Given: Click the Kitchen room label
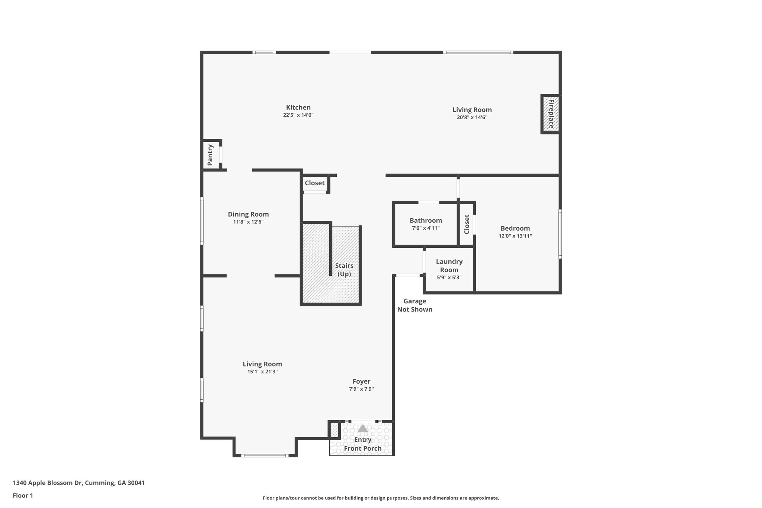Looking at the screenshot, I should [x=298, y=108].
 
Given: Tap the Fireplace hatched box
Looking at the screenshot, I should [x=551, y=114].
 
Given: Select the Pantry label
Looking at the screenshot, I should [x=210, y=155].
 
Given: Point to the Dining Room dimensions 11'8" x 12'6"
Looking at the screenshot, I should [x=248, y=222].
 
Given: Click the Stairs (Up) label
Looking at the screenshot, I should [x=344, y=270].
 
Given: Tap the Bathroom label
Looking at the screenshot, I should [x=426, y=220].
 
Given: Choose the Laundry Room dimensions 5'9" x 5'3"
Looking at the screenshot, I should [x=449, y=277].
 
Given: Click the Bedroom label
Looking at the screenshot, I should [x=515, y=228].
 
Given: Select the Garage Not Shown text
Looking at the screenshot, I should [x=414, y=305].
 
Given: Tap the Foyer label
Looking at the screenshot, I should [x=361, y=381].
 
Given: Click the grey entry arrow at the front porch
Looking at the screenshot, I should [x=363, y=428].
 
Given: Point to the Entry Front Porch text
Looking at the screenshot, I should [x=362, y=444].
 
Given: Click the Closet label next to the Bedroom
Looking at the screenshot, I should [x=467, y=224].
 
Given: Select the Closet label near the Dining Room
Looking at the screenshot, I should [x=314, y=183].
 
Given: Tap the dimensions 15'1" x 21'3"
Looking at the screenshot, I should [x=262, y=371].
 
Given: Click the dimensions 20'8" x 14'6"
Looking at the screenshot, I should [x=472, y=117].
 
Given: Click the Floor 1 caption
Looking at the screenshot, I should [x=23, y=495].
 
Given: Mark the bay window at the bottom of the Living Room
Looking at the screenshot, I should [x=265, y=455].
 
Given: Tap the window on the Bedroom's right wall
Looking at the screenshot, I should [x=560, y=234].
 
